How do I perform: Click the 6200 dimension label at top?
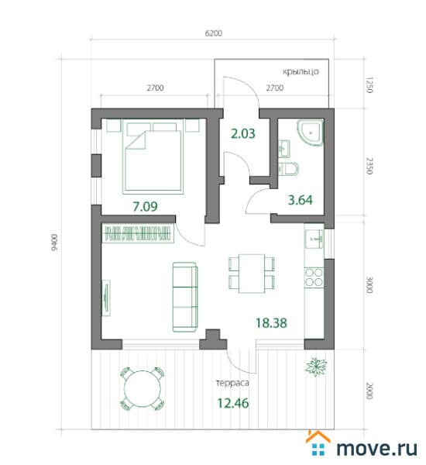coord(214,33)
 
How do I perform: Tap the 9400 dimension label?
coord(54,243)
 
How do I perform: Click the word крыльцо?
coord(301,72)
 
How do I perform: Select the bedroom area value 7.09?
coord(145,206)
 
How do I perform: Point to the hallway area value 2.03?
coord(242,134)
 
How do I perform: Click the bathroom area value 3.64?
coord(300,200)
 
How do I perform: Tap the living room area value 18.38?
coord(271,323)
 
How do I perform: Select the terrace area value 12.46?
coord(233,403)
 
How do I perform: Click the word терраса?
coord(232,383)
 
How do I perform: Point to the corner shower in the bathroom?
coord(311,133)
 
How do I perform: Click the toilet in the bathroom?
coord(288,168)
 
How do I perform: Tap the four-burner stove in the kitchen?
coord(314,277)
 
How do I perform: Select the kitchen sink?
coord(314,238)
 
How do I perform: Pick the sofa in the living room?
coord(185,297)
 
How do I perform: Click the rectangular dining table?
coord(252,273)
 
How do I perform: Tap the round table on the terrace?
coord(143,389)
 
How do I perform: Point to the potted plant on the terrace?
coord(316,367)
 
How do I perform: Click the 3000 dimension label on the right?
coord(369,284)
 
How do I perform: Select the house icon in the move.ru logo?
coord(318,443)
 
